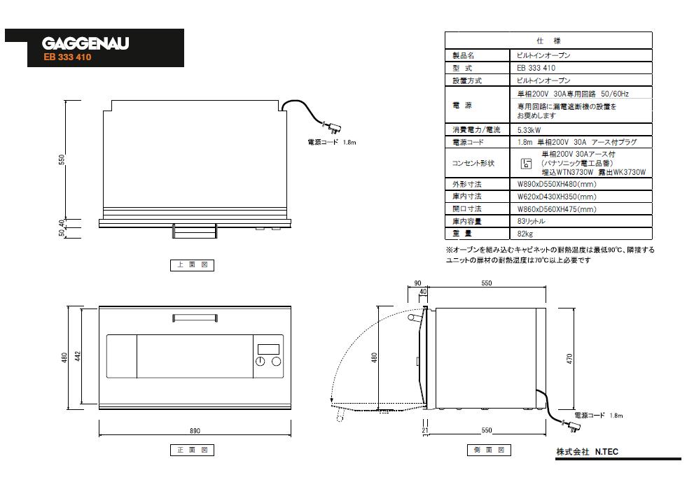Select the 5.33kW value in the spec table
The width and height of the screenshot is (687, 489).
[529, 130]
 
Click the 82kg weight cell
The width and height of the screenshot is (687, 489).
[525, 233]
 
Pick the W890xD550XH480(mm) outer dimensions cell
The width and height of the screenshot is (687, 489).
[556, 185]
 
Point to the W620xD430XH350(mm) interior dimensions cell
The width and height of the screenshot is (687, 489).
[556, 197]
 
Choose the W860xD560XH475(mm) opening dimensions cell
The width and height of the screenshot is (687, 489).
[556, 209]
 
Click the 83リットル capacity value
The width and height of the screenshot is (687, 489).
[531, 221]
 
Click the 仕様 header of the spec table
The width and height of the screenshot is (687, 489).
[548, 41]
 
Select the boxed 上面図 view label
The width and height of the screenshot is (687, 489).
[191, 265]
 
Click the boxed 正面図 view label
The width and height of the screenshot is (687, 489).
[191, 451]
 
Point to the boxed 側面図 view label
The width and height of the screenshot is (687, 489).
[487, 450]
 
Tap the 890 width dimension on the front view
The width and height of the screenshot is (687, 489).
[195, 430]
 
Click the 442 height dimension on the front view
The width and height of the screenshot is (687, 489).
[87, 357]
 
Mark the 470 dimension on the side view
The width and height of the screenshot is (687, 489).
[569, 358]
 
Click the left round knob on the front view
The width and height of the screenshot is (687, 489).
[261, 362]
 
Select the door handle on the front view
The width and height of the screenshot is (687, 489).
[194, 318]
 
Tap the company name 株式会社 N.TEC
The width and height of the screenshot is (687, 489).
[587, 452]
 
